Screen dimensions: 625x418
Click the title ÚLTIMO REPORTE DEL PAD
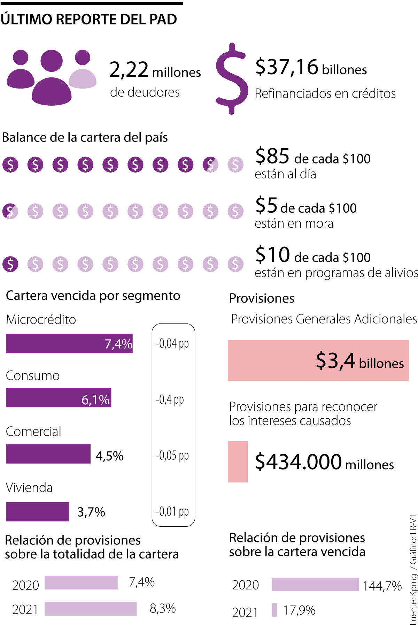click(89, 20)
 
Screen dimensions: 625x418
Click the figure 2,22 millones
click(155, 70)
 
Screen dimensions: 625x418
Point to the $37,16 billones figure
click(311, 67)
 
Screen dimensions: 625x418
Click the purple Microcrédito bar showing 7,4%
click(69, 344)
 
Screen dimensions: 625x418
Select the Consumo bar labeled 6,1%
click(59, 398)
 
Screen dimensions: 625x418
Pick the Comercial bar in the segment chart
click(48, 454)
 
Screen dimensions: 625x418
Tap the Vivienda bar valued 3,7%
click(37, 512)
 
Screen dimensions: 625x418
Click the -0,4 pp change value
click(170, 399)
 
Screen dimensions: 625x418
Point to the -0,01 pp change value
click(172, 511)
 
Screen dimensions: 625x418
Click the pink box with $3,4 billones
click(318, 361)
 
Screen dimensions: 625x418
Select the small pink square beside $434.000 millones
click(238, 462)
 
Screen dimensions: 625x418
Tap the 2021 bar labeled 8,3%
click(91, 609)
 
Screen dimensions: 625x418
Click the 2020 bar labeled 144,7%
click(315, 585)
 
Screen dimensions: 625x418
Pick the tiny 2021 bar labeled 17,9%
click(274, 610)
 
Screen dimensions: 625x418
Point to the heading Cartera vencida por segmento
click(93, 296)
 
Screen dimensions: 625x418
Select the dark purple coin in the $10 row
click(10, 264)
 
